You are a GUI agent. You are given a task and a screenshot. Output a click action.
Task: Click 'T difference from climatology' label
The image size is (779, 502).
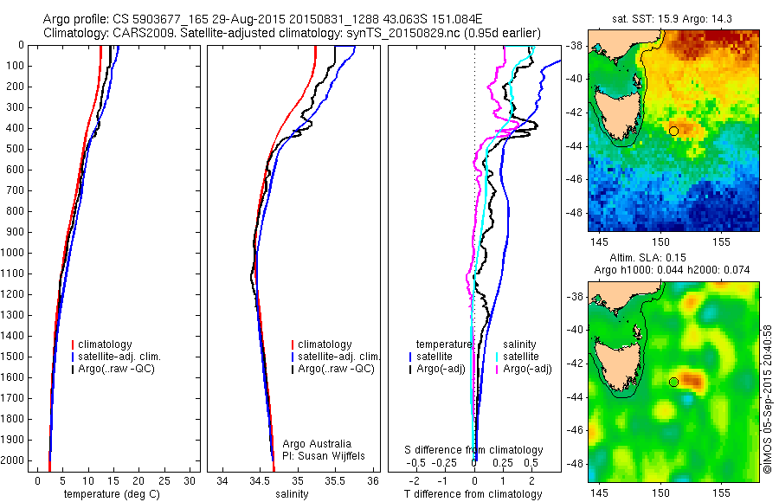[473, 494]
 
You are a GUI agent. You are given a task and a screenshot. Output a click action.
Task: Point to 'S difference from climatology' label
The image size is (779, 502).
[473, 450]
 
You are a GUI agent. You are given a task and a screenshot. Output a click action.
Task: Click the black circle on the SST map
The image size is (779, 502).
[673, 131]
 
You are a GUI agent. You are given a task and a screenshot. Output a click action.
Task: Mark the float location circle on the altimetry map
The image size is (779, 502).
[673, 382]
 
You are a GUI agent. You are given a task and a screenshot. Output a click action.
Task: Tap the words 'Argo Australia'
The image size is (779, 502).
[317, 444]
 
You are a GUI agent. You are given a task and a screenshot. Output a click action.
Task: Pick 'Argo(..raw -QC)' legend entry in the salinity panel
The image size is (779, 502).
[337, 369]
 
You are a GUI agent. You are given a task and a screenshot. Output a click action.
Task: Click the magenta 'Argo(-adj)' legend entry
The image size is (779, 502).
[527, 369]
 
